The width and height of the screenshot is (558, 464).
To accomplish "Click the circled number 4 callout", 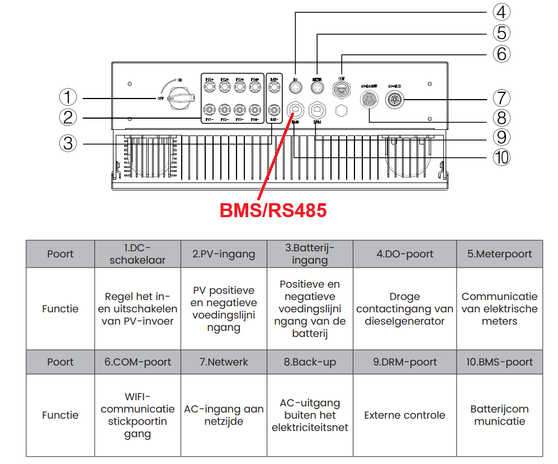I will (501, 12).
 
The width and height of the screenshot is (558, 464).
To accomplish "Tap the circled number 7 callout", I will (501, 97).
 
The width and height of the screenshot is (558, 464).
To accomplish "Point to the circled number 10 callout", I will (501, 157).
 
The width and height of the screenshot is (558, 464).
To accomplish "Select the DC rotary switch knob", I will (180, 97).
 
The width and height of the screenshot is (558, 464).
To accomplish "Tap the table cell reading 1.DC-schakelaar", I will (138, 254).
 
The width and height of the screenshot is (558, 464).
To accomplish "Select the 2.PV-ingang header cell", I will (224, 254).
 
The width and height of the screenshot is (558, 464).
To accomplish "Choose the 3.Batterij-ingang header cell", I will (310, 254).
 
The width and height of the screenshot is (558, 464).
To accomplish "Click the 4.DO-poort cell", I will (405, 254).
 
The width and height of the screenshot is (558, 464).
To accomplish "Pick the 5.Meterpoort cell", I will (499, 254).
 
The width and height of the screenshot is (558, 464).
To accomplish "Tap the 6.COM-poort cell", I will (138, 362).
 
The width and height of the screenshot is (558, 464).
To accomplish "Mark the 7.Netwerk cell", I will (224, 362).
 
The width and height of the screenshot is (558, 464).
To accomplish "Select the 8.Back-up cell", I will (310, 362).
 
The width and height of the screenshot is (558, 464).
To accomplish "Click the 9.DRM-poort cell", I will (405, 362).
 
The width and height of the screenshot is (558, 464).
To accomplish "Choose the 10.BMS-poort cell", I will (499, 362).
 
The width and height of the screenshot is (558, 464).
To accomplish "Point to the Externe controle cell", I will (405, 415).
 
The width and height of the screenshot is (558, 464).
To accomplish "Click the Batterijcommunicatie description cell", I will (499, 415).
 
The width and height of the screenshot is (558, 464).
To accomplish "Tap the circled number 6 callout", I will (501, 54).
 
